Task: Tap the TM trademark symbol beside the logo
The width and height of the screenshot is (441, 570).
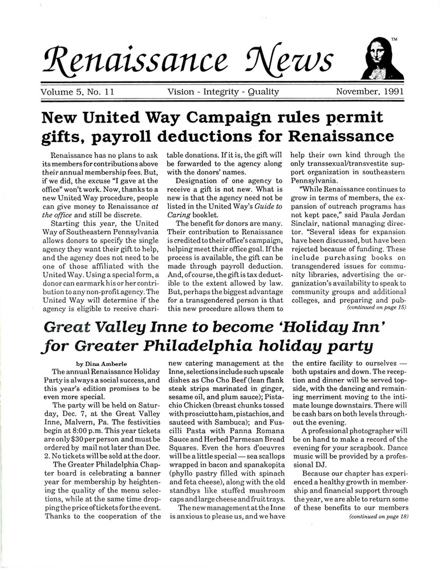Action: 395,40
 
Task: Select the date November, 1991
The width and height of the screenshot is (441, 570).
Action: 370,91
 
